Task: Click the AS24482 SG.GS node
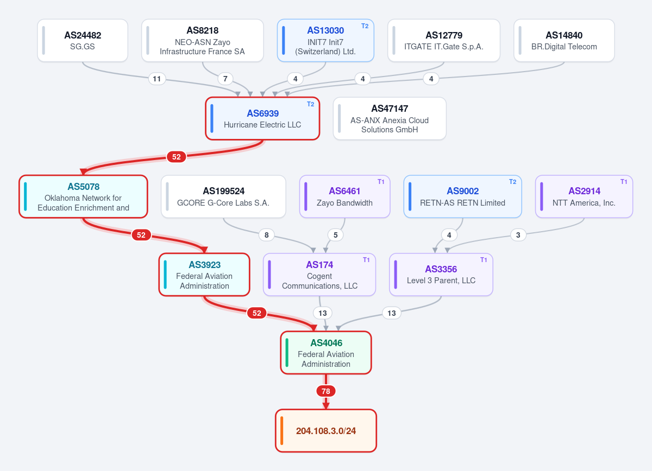pos(83,40)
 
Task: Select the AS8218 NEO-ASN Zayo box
pos(203,40)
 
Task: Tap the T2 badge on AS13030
pos(365,26)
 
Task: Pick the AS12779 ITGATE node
pos(444,40)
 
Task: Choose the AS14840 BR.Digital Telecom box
pos(564,40)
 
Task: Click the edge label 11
pos(157,79)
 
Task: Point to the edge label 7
pos(225,79)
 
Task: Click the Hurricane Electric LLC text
pos(262,125)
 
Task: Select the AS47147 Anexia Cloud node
pos(390,119)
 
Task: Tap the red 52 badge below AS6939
pos(177,157)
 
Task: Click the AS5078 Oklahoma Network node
pos(83,196)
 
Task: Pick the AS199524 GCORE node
pos(223,196)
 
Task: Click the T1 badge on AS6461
pos(381,182)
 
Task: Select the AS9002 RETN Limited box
pos(462,196)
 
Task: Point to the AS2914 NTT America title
pos(585,191)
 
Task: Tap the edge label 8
pos(266,235)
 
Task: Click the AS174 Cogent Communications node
pos(319,275)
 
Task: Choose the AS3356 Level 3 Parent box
pos(441,275)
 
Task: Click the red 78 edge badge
pos(326,391)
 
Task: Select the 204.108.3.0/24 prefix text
pos(326,431)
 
